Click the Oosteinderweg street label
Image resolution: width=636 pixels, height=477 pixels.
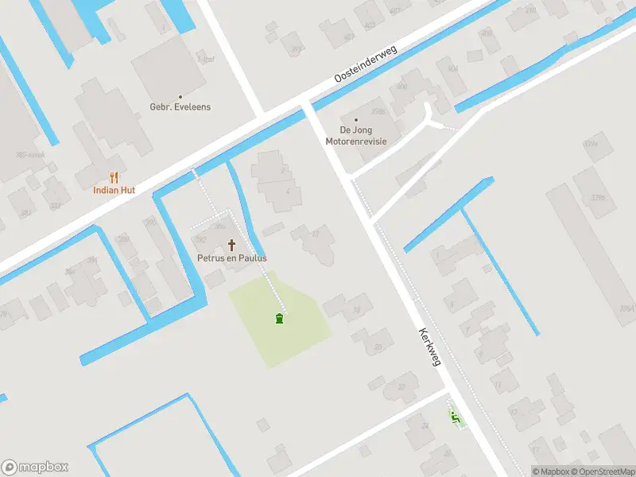pyautogui.click(x=366, y=64)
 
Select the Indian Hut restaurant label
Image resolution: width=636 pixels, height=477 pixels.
pyautogui.click(x=114, y=190)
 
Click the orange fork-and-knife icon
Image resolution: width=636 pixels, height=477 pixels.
pyautogui.click(x=114, y=176)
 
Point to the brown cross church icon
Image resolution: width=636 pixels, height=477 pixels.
pyautogui.click(x=232, y=244)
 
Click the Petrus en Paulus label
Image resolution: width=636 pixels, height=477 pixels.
pyautogui.click(x=232, y=258)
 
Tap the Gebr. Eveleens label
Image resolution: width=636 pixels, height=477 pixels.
pyautogui.click(x=180, y=107)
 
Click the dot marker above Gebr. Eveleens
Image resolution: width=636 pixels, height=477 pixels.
pyautogui.click(x=180, y=95)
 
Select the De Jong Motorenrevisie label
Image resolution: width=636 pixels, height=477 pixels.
pyautogui.click(x=355, y=135)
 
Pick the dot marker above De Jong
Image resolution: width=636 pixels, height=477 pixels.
pyautogui.click(x=355, y=119)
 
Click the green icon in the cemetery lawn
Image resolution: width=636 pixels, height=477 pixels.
pyautogui.click(x=279, y=319)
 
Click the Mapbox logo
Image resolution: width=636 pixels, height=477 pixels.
pyautogui.click(x=35, y=467)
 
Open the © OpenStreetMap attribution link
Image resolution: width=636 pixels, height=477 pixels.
pyautogui.click(x=604, y=471)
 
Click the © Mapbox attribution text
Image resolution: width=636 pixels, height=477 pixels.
pyautogui.click(x=551, y=471)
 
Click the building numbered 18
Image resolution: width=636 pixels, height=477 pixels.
pyautogui.click(x=357, y=309)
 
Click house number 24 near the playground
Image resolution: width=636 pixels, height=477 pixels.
pyautogui.click(x=425, y=426)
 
